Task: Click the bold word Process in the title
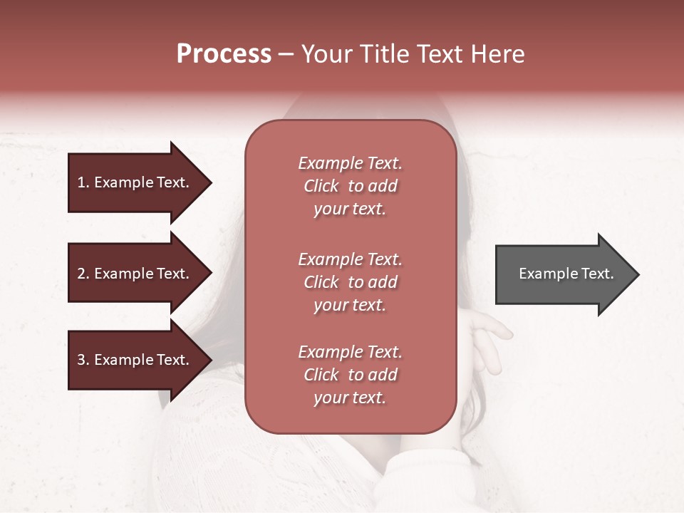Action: (224, 54)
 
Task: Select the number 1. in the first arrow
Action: (83, 182)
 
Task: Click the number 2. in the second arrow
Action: (83, 274)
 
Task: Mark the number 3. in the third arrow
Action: (83, 360)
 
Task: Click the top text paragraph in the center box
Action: (350, 186)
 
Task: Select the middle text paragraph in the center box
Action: (350, 282)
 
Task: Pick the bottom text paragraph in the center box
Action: (350, 375)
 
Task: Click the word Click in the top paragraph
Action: (321, 186)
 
